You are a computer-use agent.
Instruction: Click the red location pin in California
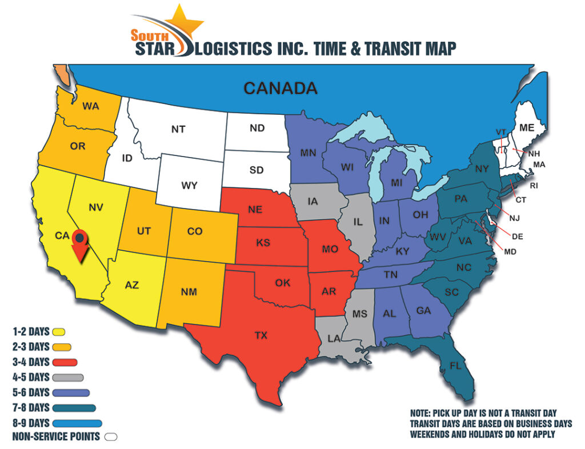81,243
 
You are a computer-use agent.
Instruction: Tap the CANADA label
280,88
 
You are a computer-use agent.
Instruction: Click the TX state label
261,335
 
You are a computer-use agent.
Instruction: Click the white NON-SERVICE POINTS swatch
111,437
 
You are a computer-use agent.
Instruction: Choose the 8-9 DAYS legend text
31,423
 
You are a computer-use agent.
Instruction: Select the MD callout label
511,251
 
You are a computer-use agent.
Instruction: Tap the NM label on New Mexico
189,292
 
